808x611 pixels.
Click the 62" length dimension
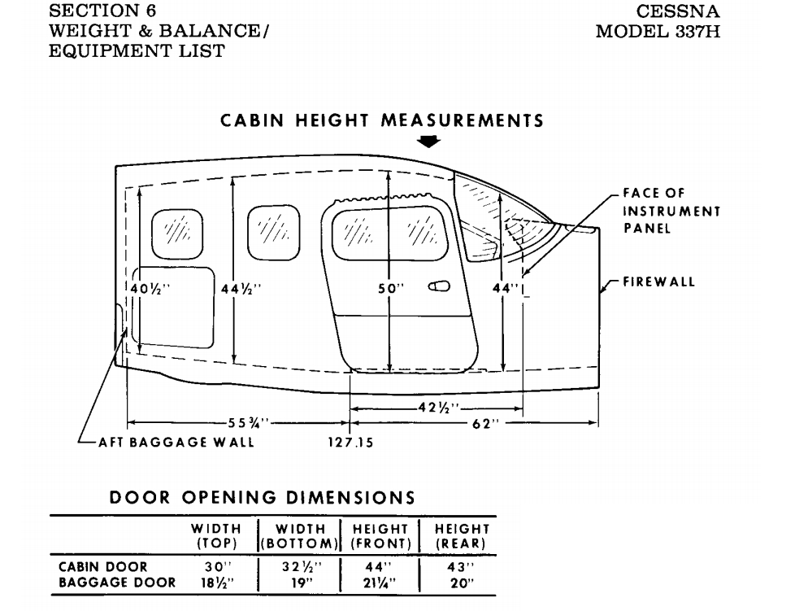click(486, 423)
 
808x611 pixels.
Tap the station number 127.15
click(350, 443)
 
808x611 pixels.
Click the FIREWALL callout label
click(658, 282)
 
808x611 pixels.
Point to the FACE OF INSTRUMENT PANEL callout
click(671, 211)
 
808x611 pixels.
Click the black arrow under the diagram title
click(428, 142)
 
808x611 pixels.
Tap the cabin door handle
click(439, 286)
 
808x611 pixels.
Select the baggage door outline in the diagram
click(174, 306)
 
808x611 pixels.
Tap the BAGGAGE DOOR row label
click(116, 583)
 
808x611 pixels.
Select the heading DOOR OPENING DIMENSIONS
click(263, 497)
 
